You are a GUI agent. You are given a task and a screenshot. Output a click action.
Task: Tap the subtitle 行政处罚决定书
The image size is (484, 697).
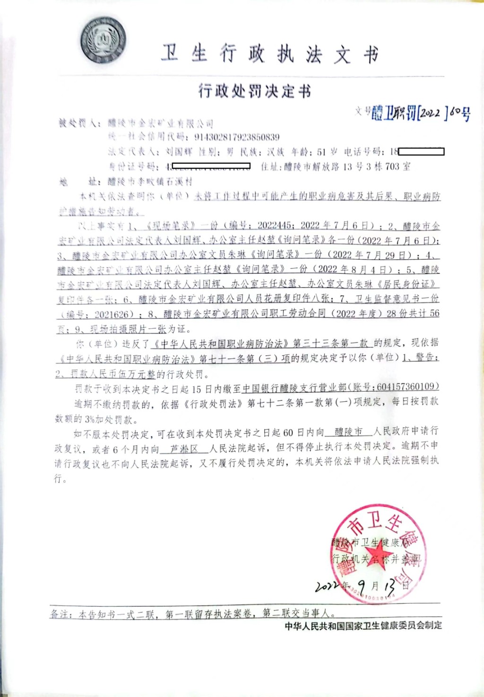tap(255, 90)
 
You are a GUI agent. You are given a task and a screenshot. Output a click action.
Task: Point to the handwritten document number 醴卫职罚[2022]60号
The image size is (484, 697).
tap(421, 113)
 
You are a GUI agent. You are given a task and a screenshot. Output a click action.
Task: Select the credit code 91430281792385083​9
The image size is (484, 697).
tap(237, 137)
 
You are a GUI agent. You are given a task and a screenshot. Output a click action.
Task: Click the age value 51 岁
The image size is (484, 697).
tap(327, 152)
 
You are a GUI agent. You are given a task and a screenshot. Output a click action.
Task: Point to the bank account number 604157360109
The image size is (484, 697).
tap(407, 387)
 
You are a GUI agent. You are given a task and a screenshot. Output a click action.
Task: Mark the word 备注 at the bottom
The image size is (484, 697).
tap(60, 614)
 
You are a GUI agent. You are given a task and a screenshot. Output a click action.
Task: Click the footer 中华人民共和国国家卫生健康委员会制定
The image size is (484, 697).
tap(363, 626)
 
